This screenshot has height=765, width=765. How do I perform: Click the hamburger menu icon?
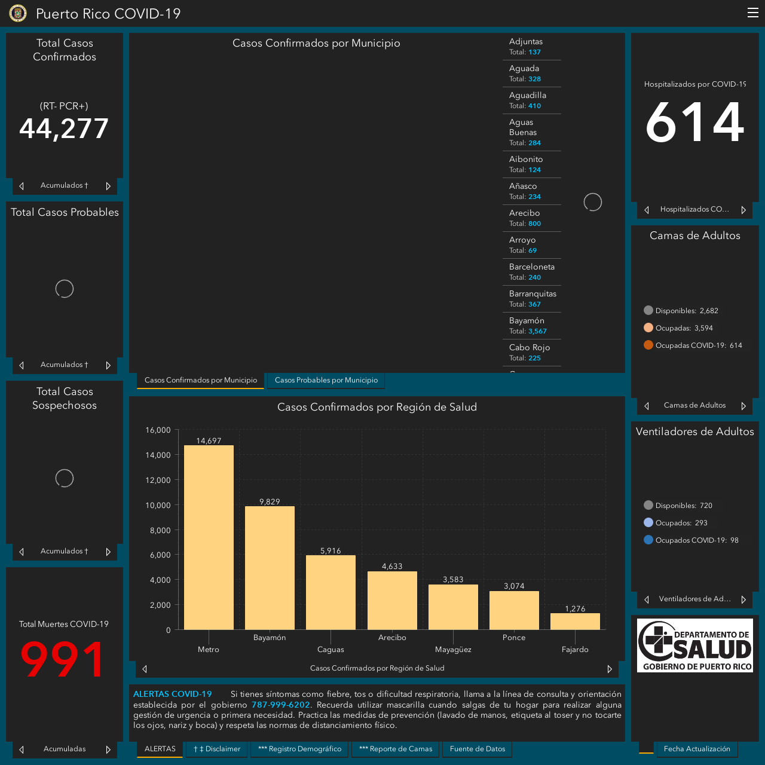pos(752,13)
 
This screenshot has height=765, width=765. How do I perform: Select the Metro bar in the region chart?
pos(209,537)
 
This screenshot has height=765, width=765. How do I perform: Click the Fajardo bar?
pos(575,622)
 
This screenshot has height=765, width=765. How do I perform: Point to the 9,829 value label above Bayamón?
pos(270,501)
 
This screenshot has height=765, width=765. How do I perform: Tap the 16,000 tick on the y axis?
pos(158,430)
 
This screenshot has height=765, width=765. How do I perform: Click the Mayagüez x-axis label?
pos(453,650)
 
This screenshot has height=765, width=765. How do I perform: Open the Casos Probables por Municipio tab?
pos(326,380)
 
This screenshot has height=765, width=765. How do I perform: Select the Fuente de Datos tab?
pos(477,749)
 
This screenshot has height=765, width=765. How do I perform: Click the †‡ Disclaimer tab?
pos(217,749)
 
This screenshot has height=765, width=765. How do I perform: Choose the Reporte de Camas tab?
pos(396,749)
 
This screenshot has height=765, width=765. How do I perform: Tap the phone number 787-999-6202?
pos(280,705)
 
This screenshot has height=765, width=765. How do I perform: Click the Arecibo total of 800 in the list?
pos(534,224)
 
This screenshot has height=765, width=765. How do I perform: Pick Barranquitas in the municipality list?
pos(533,294)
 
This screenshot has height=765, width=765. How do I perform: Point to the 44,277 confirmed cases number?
pos(64,128)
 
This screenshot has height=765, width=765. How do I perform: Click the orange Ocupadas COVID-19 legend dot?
pos(648,345)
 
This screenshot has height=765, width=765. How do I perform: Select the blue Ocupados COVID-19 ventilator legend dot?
pos(648,540)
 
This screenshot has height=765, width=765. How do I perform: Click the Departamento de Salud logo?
pos(694,645)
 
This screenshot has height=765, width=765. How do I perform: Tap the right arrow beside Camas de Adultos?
pos(743,406)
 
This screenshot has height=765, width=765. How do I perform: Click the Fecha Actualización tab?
pos(697,749)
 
